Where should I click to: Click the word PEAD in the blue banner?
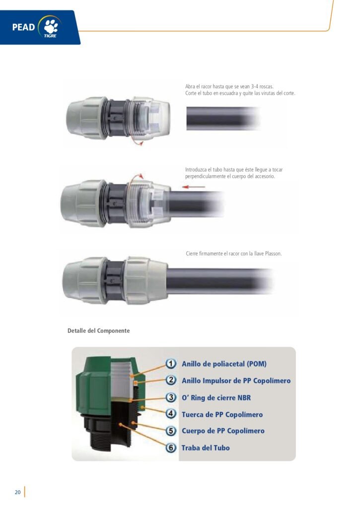point(23,27)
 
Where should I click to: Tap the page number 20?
point(17,492)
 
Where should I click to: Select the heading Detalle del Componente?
point(99,331)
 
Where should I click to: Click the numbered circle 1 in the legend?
point(171,364)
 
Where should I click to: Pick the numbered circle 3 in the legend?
point(171,397)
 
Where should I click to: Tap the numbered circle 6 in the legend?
point(171,448)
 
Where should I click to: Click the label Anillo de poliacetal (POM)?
point(224,364)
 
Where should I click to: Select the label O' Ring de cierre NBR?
point(216,397)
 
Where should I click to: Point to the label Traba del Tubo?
point(206,448)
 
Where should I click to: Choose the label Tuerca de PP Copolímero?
point(222,414)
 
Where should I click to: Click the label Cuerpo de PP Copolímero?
point(223,431)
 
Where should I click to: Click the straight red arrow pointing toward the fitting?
point(194,187)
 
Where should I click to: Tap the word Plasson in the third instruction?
point(273,254)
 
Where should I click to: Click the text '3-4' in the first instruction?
point(255,86)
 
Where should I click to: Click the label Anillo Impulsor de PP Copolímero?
point(236,381)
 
